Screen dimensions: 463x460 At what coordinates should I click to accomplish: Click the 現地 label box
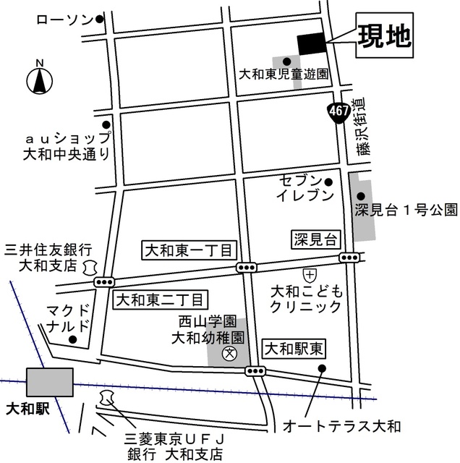pos(383,36)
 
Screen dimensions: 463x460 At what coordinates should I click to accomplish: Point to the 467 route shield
pos(338,112)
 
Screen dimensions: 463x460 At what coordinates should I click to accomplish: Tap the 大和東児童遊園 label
pos(284,75)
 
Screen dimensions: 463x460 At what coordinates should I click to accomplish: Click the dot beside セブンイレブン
pos(328,182)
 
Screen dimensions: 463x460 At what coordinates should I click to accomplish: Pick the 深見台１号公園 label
pos(406,210)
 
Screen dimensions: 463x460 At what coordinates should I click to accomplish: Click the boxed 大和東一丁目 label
pos(188,250)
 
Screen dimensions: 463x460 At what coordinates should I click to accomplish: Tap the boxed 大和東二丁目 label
pos(160,298)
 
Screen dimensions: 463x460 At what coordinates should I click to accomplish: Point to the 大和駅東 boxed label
pos(294,350)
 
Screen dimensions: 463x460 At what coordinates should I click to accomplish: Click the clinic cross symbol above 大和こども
pos(310,275)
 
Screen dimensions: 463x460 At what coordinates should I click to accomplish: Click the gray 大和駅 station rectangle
pos(49,381)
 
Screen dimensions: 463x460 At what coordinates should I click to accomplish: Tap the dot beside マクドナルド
pos(72,339)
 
